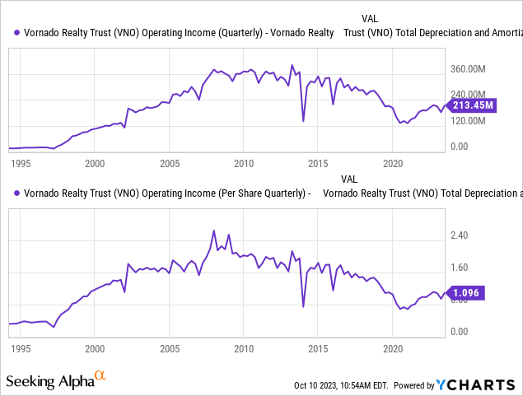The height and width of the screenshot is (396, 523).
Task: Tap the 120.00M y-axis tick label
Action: pos(474,121)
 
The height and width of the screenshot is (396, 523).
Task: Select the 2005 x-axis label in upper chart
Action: pos(169,163)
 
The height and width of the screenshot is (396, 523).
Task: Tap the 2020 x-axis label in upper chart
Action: pos(392,163)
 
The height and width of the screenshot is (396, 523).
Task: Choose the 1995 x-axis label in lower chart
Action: pos(20,348)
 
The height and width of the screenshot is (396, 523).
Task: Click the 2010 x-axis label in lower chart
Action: pos(243,348)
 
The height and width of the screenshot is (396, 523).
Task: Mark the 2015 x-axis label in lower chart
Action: pos(317,348)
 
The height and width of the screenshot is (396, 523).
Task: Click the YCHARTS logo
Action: pos(477,384)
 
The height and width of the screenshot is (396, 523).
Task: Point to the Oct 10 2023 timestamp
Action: pos(341,385)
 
